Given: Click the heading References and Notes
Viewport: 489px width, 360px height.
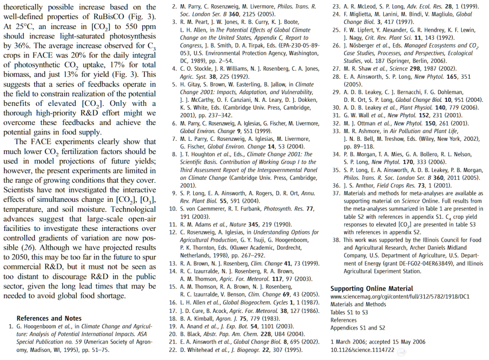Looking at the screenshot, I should pos(49,318).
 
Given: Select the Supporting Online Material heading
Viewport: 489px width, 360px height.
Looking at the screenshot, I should pos(372,288).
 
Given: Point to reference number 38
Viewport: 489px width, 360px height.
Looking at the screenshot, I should pos(336,240).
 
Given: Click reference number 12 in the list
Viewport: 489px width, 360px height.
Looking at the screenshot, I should pos(173,232).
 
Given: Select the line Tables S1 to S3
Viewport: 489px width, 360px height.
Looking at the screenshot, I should pos(349,312).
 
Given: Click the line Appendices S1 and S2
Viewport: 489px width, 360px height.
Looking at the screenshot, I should pos(358,328).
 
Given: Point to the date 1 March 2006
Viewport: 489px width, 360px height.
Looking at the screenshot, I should pos(350,342).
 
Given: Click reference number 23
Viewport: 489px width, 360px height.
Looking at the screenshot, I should pos(336,7).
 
